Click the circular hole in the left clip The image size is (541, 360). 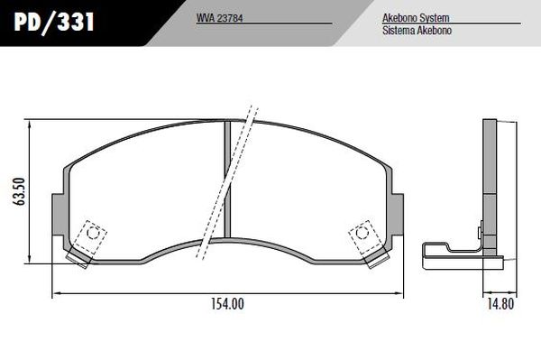tap(91, 232)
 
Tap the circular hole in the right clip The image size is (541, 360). tap(362, 232)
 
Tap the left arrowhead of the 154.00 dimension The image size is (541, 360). tap(56, 292)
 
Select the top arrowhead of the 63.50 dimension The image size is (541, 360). tap(32, 125)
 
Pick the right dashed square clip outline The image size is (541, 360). tap(364, 235)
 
